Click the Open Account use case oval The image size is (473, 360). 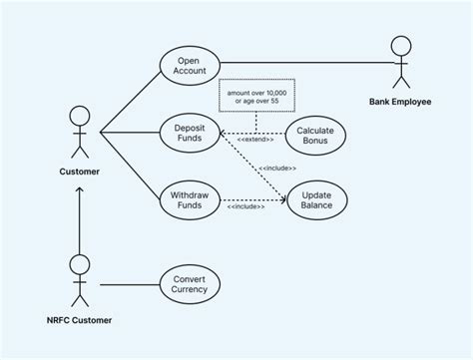pyautogui.click(x=189, y=65)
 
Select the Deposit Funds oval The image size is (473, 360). pyautogui.click(x=189, y=132)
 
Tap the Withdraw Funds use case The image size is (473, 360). pyautogui.click(x=189, y=197)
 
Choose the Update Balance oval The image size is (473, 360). pyautogui.click(x=316, y=197)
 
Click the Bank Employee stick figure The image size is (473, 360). pyautogui.click(x=401, y=62)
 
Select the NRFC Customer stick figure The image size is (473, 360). pyautogui.click(x=79, y=279)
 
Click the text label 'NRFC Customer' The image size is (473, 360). pyautogui.click(x=79, y=320)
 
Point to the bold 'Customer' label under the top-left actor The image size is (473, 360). pyautogui.click(x=79, y=173)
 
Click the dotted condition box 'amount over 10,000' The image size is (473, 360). pyautogui.click(x=255, y=96)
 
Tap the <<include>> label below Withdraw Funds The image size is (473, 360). pyautogui.click(x=245, y=206)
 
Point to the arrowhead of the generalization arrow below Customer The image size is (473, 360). pyautogui.click(x=79, y=189)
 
